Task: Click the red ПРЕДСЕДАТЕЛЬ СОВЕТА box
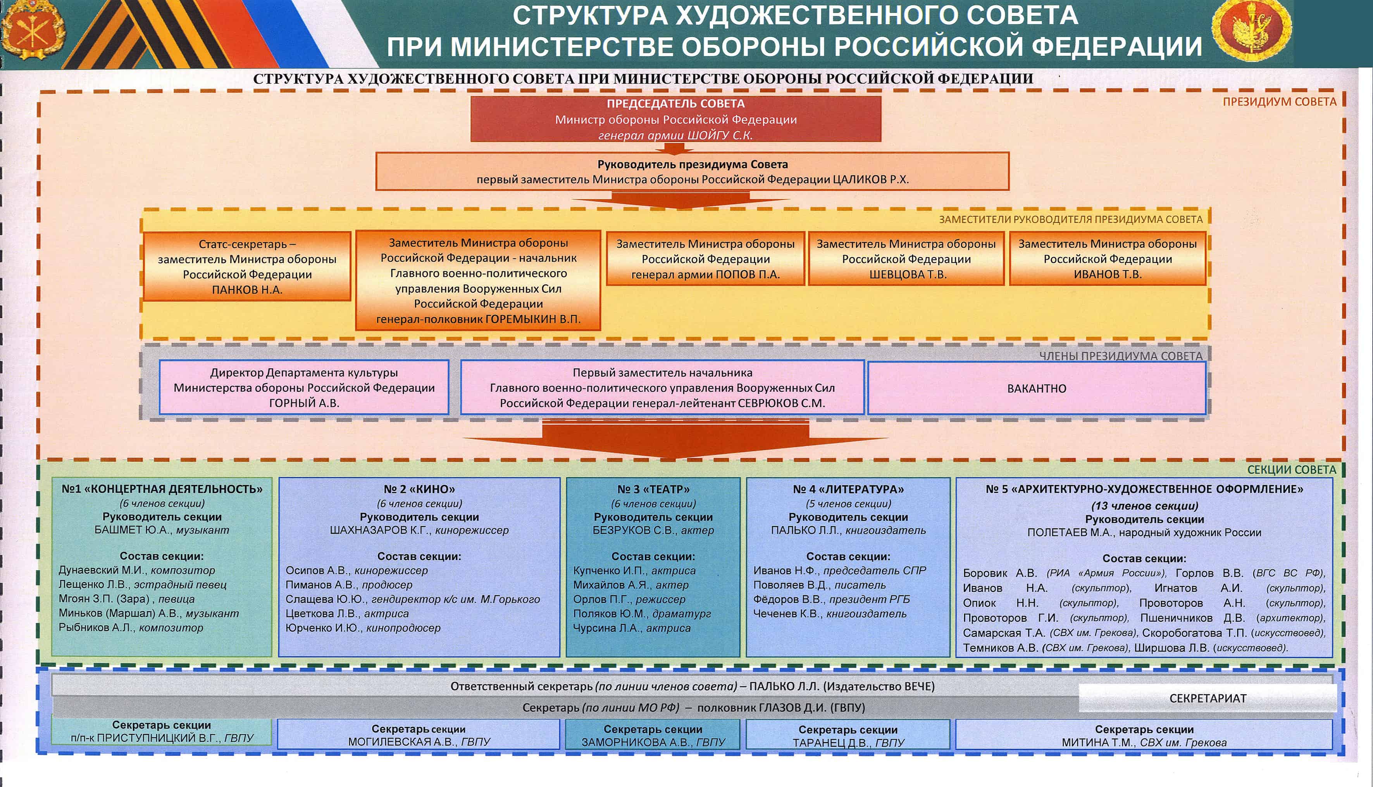click(676, 119)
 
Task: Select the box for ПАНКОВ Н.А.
click(247, 266)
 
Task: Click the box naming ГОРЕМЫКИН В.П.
click(478, 281)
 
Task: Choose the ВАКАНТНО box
click(1037, 388)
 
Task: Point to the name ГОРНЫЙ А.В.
click(304, 403)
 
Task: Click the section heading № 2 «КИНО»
click(419, 489)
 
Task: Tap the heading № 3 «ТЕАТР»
click(653, 489)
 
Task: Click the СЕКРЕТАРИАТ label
click(1208, 698)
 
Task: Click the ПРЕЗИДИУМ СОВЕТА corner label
click(1279, 102)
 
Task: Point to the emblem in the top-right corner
click(1251, 30)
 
